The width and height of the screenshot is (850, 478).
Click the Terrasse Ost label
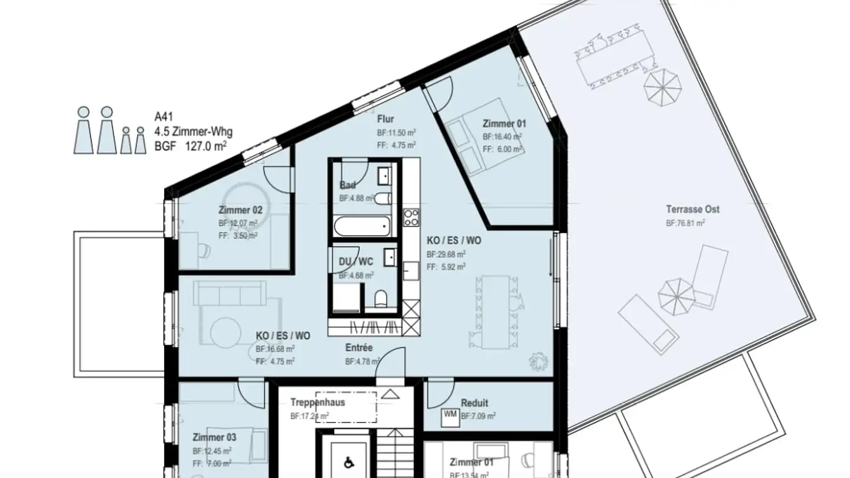(692, 209)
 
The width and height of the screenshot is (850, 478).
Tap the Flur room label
(385, 119)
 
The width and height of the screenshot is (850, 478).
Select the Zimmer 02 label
(236, 210)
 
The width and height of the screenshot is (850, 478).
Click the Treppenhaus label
(317, 402)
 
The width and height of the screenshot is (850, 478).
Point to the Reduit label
(474, 403)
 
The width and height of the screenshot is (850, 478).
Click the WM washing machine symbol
(450, 416)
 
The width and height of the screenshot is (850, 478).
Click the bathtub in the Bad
(361, 227)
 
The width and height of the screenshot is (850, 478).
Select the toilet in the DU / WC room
(381, 299)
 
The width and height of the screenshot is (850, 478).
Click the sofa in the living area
(229, 293)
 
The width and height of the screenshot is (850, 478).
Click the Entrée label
(359, 348)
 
